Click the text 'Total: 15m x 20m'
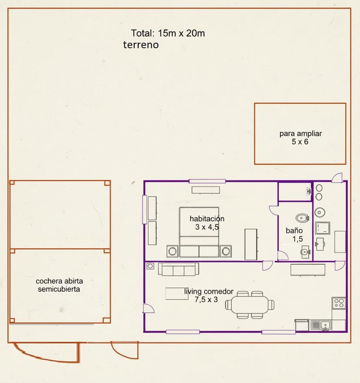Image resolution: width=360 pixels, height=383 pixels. coord(168,33)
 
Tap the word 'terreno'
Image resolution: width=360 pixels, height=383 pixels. coord(141,45)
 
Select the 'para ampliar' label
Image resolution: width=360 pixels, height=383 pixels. coord(300,133)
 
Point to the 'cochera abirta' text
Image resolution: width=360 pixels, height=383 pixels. coord(59,281)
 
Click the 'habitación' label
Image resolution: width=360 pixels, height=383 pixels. coord(207,218)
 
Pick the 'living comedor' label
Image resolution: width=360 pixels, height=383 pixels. coord(209,291)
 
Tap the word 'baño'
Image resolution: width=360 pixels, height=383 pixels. coord(294,230)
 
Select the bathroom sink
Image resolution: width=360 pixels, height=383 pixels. coord(305,252)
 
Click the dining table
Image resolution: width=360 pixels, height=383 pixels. coord(250,305)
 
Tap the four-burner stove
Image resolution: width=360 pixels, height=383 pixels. coord(339,303)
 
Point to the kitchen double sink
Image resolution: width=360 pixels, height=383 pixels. coord(321,325)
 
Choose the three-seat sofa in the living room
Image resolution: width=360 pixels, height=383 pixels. coord(179,269)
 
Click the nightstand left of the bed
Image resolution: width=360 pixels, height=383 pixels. coord(173,251)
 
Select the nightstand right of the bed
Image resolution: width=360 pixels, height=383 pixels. coord(226,251)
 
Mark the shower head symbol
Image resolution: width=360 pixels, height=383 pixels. coord(309,191)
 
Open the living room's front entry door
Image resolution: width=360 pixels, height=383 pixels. coord(149,308)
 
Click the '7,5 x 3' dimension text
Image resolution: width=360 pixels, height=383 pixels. coord(206,300)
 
